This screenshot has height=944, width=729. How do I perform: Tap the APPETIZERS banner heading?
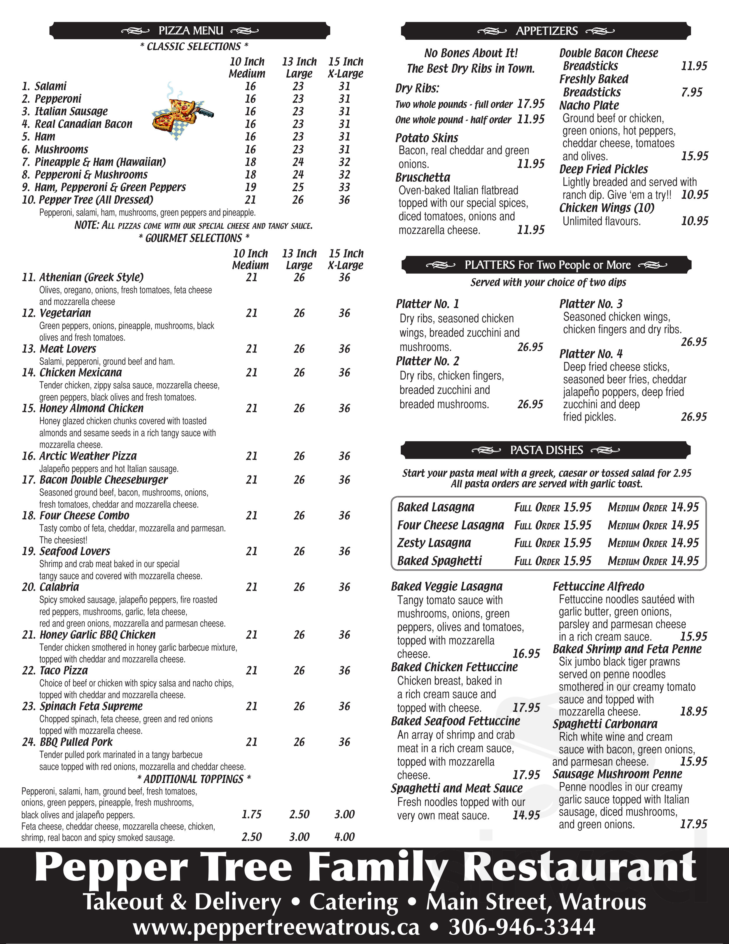tap(546, 31)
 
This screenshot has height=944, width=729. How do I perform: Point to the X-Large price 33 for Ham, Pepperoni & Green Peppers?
tap(344, 187)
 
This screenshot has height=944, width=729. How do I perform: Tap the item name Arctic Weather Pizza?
tap(88, 456)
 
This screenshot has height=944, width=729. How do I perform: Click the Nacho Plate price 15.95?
tap(694, 156)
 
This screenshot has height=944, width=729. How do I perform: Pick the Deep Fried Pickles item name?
tap(603, 169)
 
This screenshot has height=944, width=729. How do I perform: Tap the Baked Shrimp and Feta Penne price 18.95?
tap(693, 712)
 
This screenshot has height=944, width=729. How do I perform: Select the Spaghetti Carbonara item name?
tap(605, 724)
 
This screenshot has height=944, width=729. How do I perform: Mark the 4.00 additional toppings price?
tap(344, 837)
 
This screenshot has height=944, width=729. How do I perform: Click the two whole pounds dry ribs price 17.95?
tap(531, 104)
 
